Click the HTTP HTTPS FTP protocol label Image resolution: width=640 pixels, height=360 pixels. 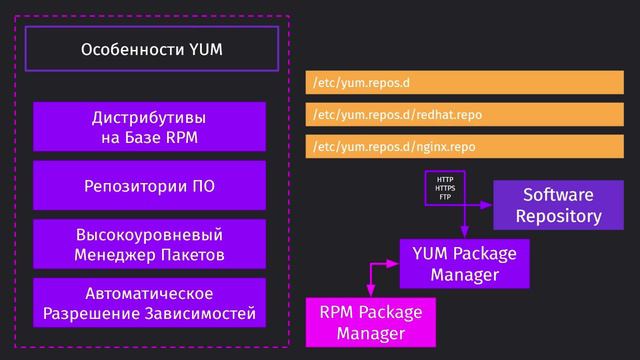(x=445, y=188)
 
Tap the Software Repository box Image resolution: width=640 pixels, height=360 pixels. (x=557, y=205)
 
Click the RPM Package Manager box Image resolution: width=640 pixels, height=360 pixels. (x=371, y=322)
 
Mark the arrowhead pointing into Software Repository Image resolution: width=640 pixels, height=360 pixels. (x=488, y=204)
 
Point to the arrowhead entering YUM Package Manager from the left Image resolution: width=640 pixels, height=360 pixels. (x=394, y=264)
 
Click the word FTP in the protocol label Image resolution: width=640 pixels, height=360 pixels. (x=445, y=197)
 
